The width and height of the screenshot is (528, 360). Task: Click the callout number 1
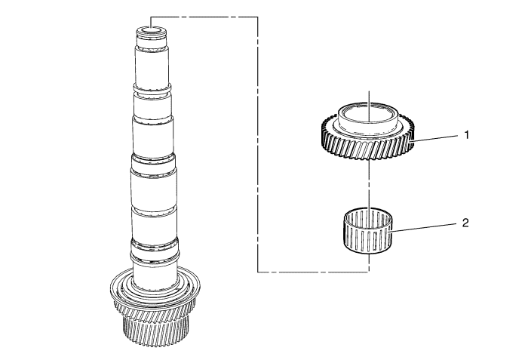pos(466,135)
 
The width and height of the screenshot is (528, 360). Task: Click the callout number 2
pos(465,223)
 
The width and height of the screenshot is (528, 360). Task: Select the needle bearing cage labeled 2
pos(369,230)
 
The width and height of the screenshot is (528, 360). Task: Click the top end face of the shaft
pos(151,31)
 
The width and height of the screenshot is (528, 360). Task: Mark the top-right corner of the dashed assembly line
pos(258,17)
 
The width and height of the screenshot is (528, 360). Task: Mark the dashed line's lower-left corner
pos(258,272)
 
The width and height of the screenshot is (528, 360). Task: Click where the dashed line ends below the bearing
pos(370,272)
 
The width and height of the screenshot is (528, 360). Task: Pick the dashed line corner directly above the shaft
pos(151,17)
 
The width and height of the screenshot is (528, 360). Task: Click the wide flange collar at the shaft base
pos(155,287)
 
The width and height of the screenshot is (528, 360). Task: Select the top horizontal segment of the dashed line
pos(204,17)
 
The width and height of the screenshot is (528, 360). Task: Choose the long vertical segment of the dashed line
pos(258,144)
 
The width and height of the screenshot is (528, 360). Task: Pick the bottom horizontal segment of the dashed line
pos(314,272)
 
